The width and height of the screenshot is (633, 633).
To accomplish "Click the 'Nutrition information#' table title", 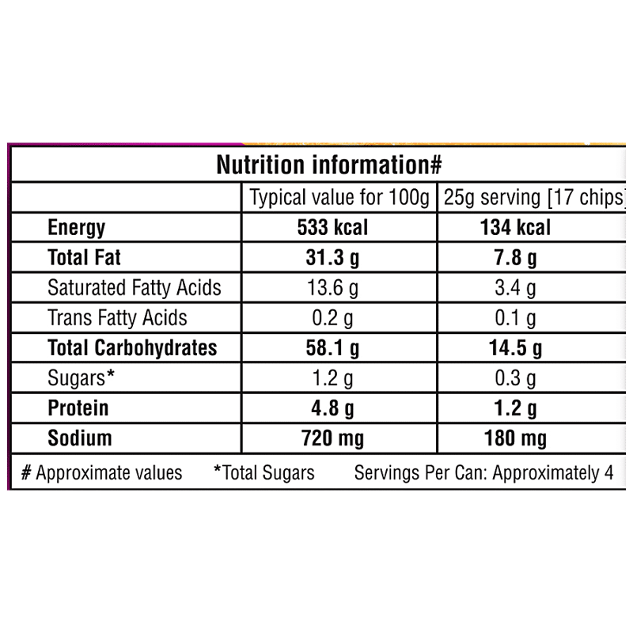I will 328,165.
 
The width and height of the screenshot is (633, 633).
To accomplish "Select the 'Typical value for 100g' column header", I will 339,198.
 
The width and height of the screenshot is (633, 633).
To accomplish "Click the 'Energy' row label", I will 76,228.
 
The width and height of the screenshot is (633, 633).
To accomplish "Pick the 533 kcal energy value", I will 332,228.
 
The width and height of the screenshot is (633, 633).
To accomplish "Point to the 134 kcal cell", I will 515,228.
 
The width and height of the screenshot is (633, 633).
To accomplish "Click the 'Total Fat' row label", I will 85,257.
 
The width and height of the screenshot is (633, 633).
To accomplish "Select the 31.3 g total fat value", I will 332,257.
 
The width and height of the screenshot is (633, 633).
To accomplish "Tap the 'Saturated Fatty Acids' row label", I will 135,287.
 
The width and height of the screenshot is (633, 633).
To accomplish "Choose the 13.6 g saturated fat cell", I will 332,287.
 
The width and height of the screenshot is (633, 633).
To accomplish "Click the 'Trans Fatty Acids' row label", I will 118,317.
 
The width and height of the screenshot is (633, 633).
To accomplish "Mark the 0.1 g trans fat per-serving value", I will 515,317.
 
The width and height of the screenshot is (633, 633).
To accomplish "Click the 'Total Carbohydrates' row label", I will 132,347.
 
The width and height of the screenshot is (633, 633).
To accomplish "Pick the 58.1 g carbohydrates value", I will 332,347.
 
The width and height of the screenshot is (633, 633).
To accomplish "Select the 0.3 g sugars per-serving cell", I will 515,377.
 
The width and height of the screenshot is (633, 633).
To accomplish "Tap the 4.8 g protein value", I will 332,407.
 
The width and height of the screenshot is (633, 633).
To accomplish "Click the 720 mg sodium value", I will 332,438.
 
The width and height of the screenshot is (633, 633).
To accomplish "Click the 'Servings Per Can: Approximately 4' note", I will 484,473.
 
